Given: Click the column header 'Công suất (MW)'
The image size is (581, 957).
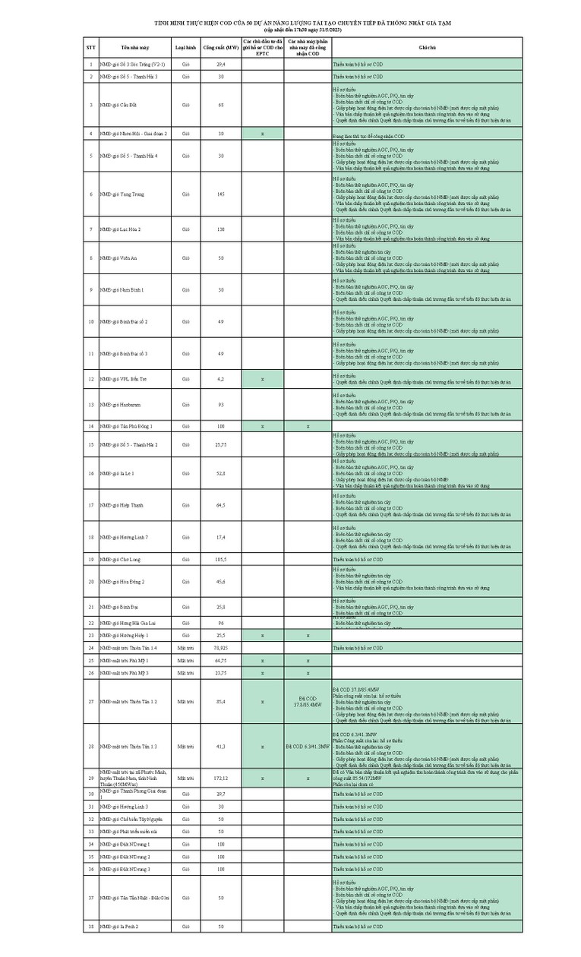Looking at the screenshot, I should [x=221, y=47].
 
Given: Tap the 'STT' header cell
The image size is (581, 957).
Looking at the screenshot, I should [x=91, y=47].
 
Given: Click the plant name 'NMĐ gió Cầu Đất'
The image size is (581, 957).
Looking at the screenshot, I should [x=117, y=105].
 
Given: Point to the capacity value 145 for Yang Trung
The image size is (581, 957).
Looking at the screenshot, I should [x=221, y=194].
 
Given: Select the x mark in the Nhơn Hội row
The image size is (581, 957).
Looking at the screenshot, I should [x=262, y=133].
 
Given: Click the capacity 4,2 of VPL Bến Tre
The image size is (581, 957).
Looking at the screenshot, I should [x=221, y=377].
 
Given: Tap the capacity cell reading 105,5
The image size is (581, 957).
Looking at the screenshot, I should [x=221, y=559].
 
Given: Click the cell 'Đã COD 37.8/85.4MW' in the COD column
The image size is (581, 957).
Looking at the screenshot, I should [x=308, y=701].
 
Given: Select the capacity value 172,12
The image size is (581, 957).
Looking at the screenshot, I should [x=221, y=779].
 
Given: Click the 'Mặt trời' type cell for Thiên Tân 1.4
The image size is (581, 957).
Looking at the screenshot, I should [x=186, y=648].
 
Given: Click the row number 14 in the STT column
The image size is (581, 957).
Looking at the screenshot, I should [x=91, y=426].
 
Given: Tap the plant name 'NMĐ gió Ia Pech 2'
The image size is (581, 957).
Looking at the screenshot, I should [x=119, y=927].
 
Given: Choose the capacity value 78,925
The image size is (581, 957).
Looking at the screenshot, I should [x=221, y=648].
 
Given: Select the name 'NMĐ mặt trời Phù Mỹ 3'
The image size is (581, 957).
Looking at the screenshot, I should [x=124, y=673].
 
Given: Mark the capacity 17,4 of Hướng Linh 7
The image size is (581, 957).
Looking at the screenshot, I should [x=221, y=537].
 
